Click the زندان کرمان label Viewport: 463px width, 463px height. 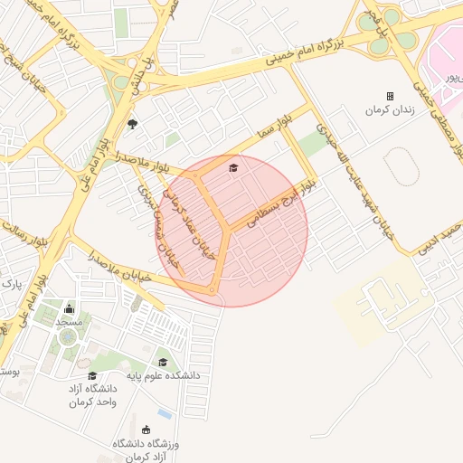point(388,109)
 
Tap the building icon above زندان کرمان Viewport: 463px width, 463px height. point(391,96)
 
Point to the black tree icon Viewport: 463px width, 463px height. point(134,124)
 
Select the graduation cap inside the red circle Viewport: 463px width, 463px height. point(233,168)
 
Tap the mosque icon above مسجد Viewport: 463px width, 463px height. point(70,309)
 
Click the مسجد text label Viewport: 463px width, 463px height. point(70,322)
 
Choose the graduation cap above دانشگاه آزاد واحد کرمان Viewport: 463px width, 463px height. point(92,375)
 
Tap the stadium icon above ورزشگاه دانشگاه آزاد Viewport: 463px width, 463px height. point(146,430)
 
